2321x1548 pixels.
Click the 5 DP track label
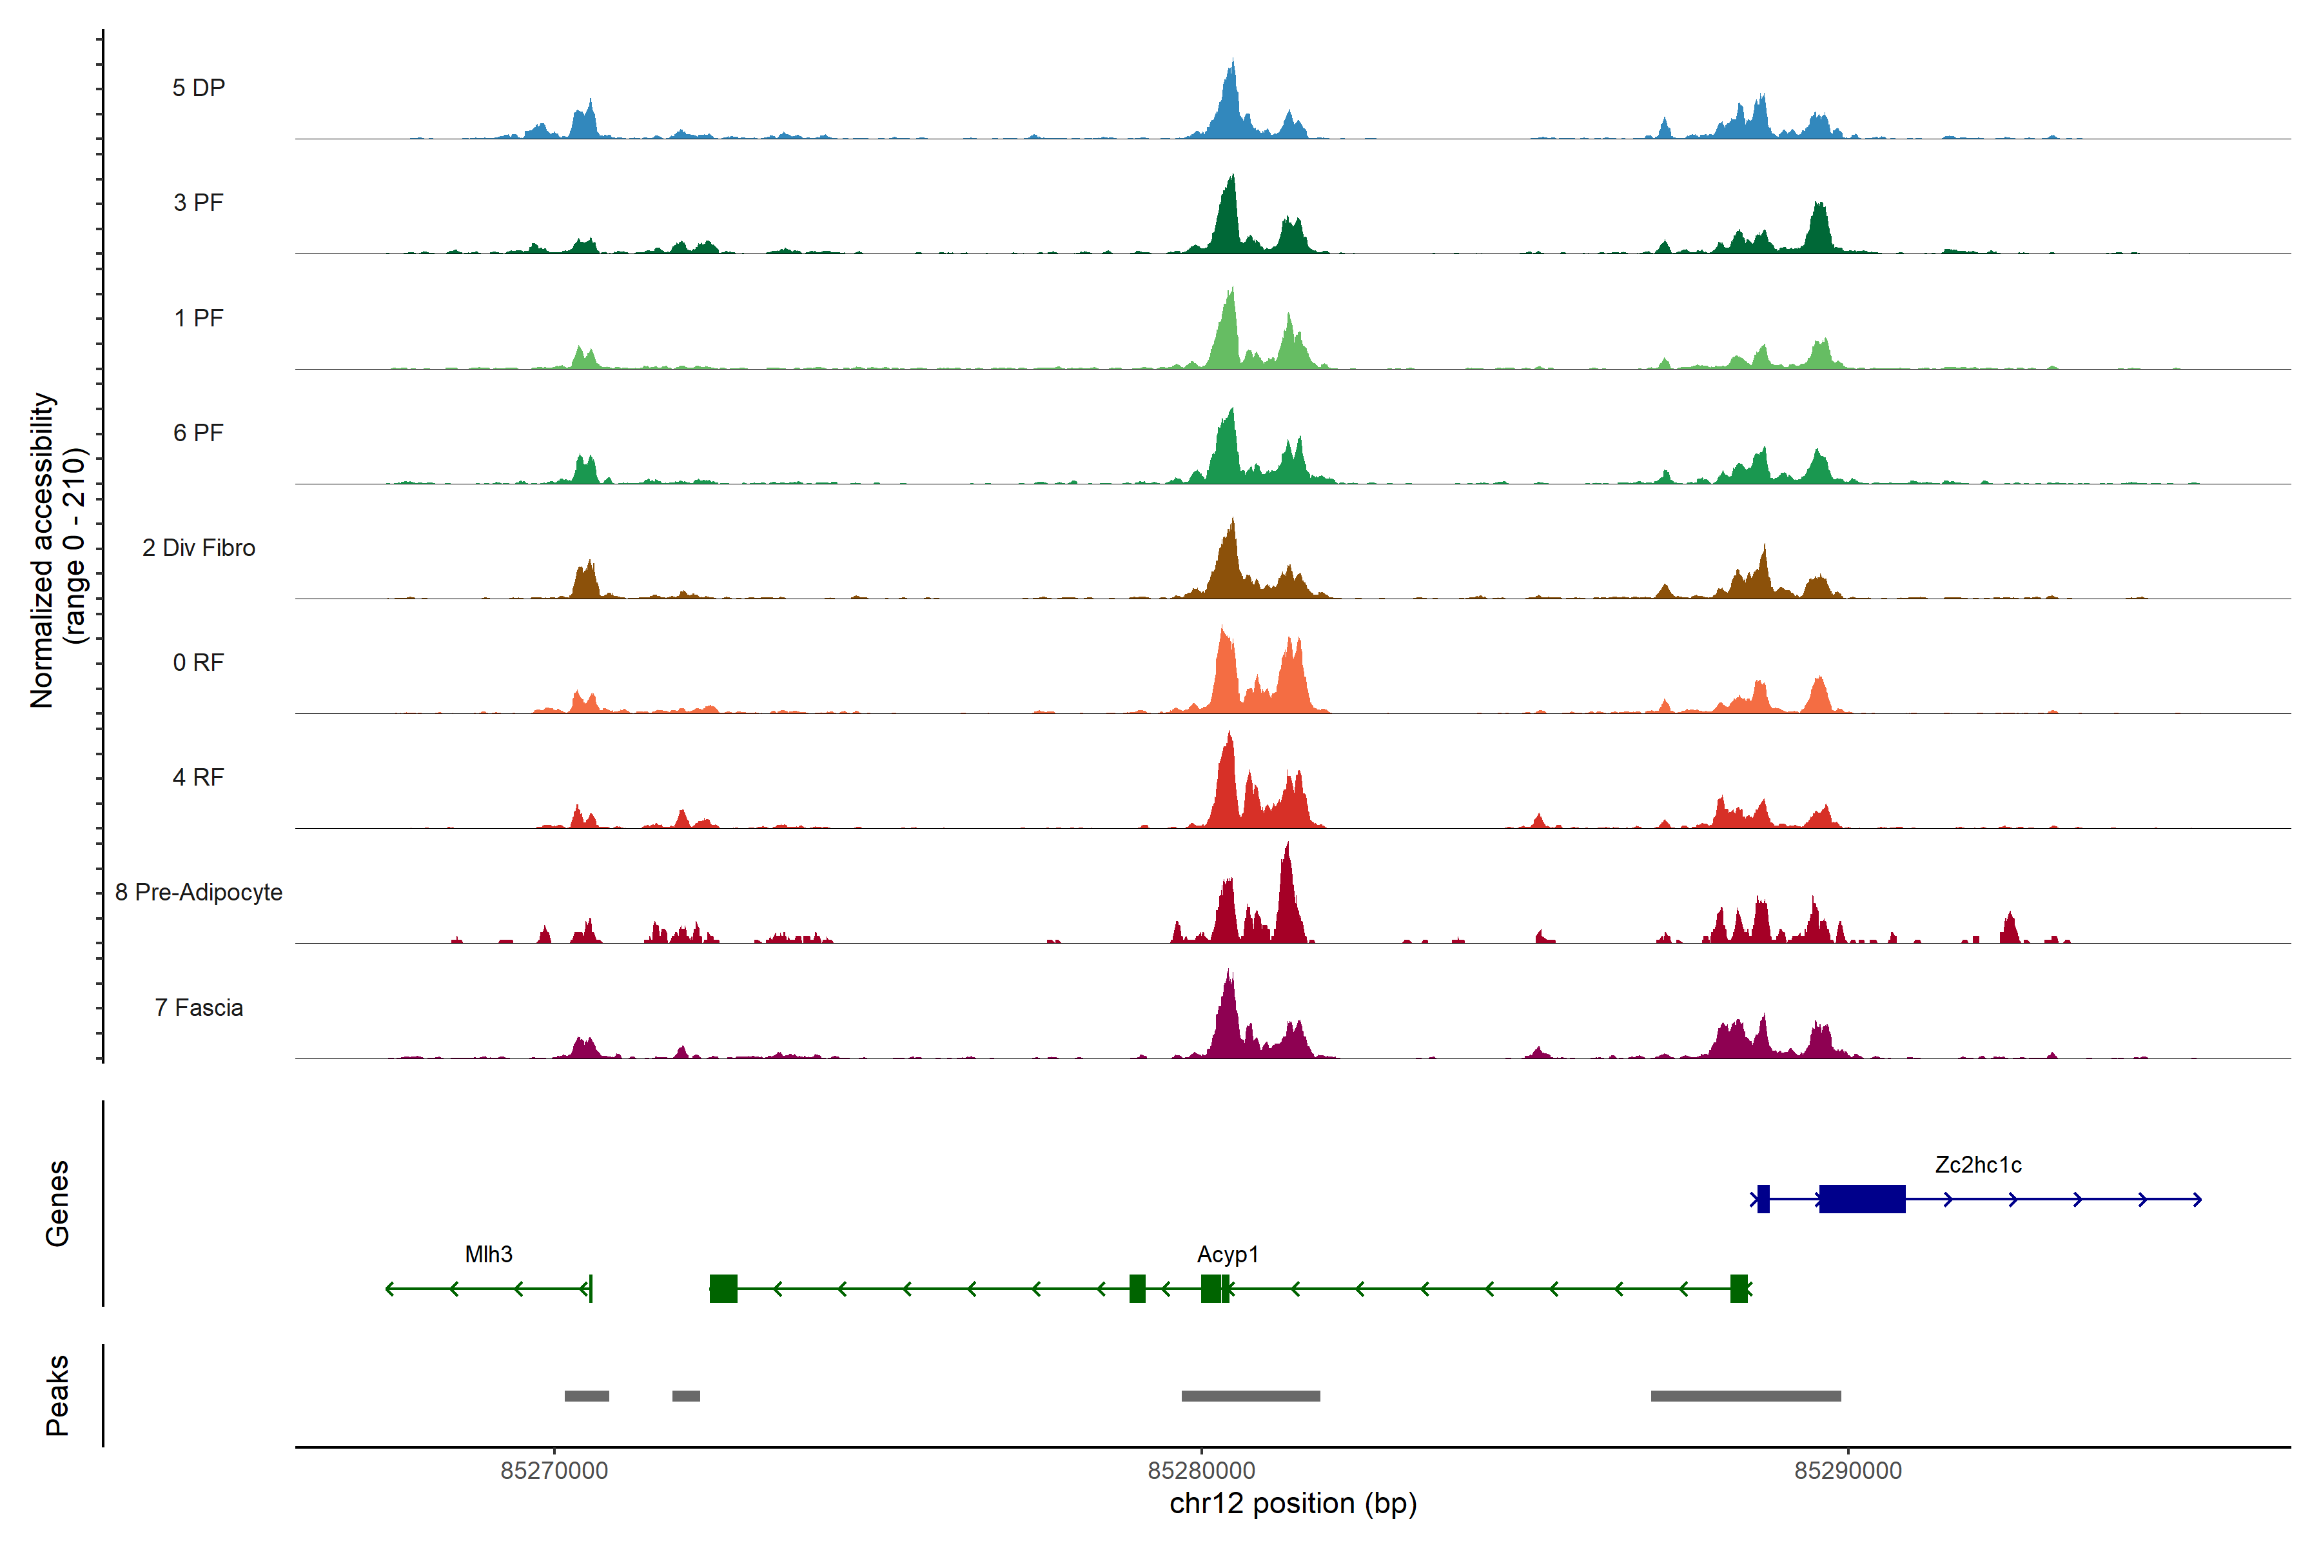(199, 88)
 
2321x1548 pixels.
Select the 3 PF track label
(199, 203)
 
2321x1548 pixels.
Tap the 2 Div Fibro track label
(199, 548)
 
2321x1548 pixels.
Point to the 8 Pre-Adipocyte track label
(199, 893)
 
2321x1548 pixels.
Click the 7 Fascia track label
(199, 1008)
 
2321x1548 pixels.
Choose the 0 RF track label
(199, 662)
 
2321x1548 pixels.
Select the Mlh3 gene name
(489, 1255)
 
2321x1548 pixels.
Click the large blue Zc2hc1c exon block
(1861, 1198)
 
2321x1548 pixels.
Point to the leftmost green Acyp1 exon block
(723, 1288)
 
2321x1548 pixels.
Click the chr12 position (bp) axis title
(1293, 1503)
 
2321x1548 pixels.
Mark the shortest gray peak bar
(686, 1396)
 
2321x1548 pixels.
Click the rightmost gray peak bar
(1746, 1396)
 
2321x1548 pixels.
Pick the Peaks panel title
(57, 1395)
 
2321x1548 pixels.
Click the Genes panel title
(57, 1204)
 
